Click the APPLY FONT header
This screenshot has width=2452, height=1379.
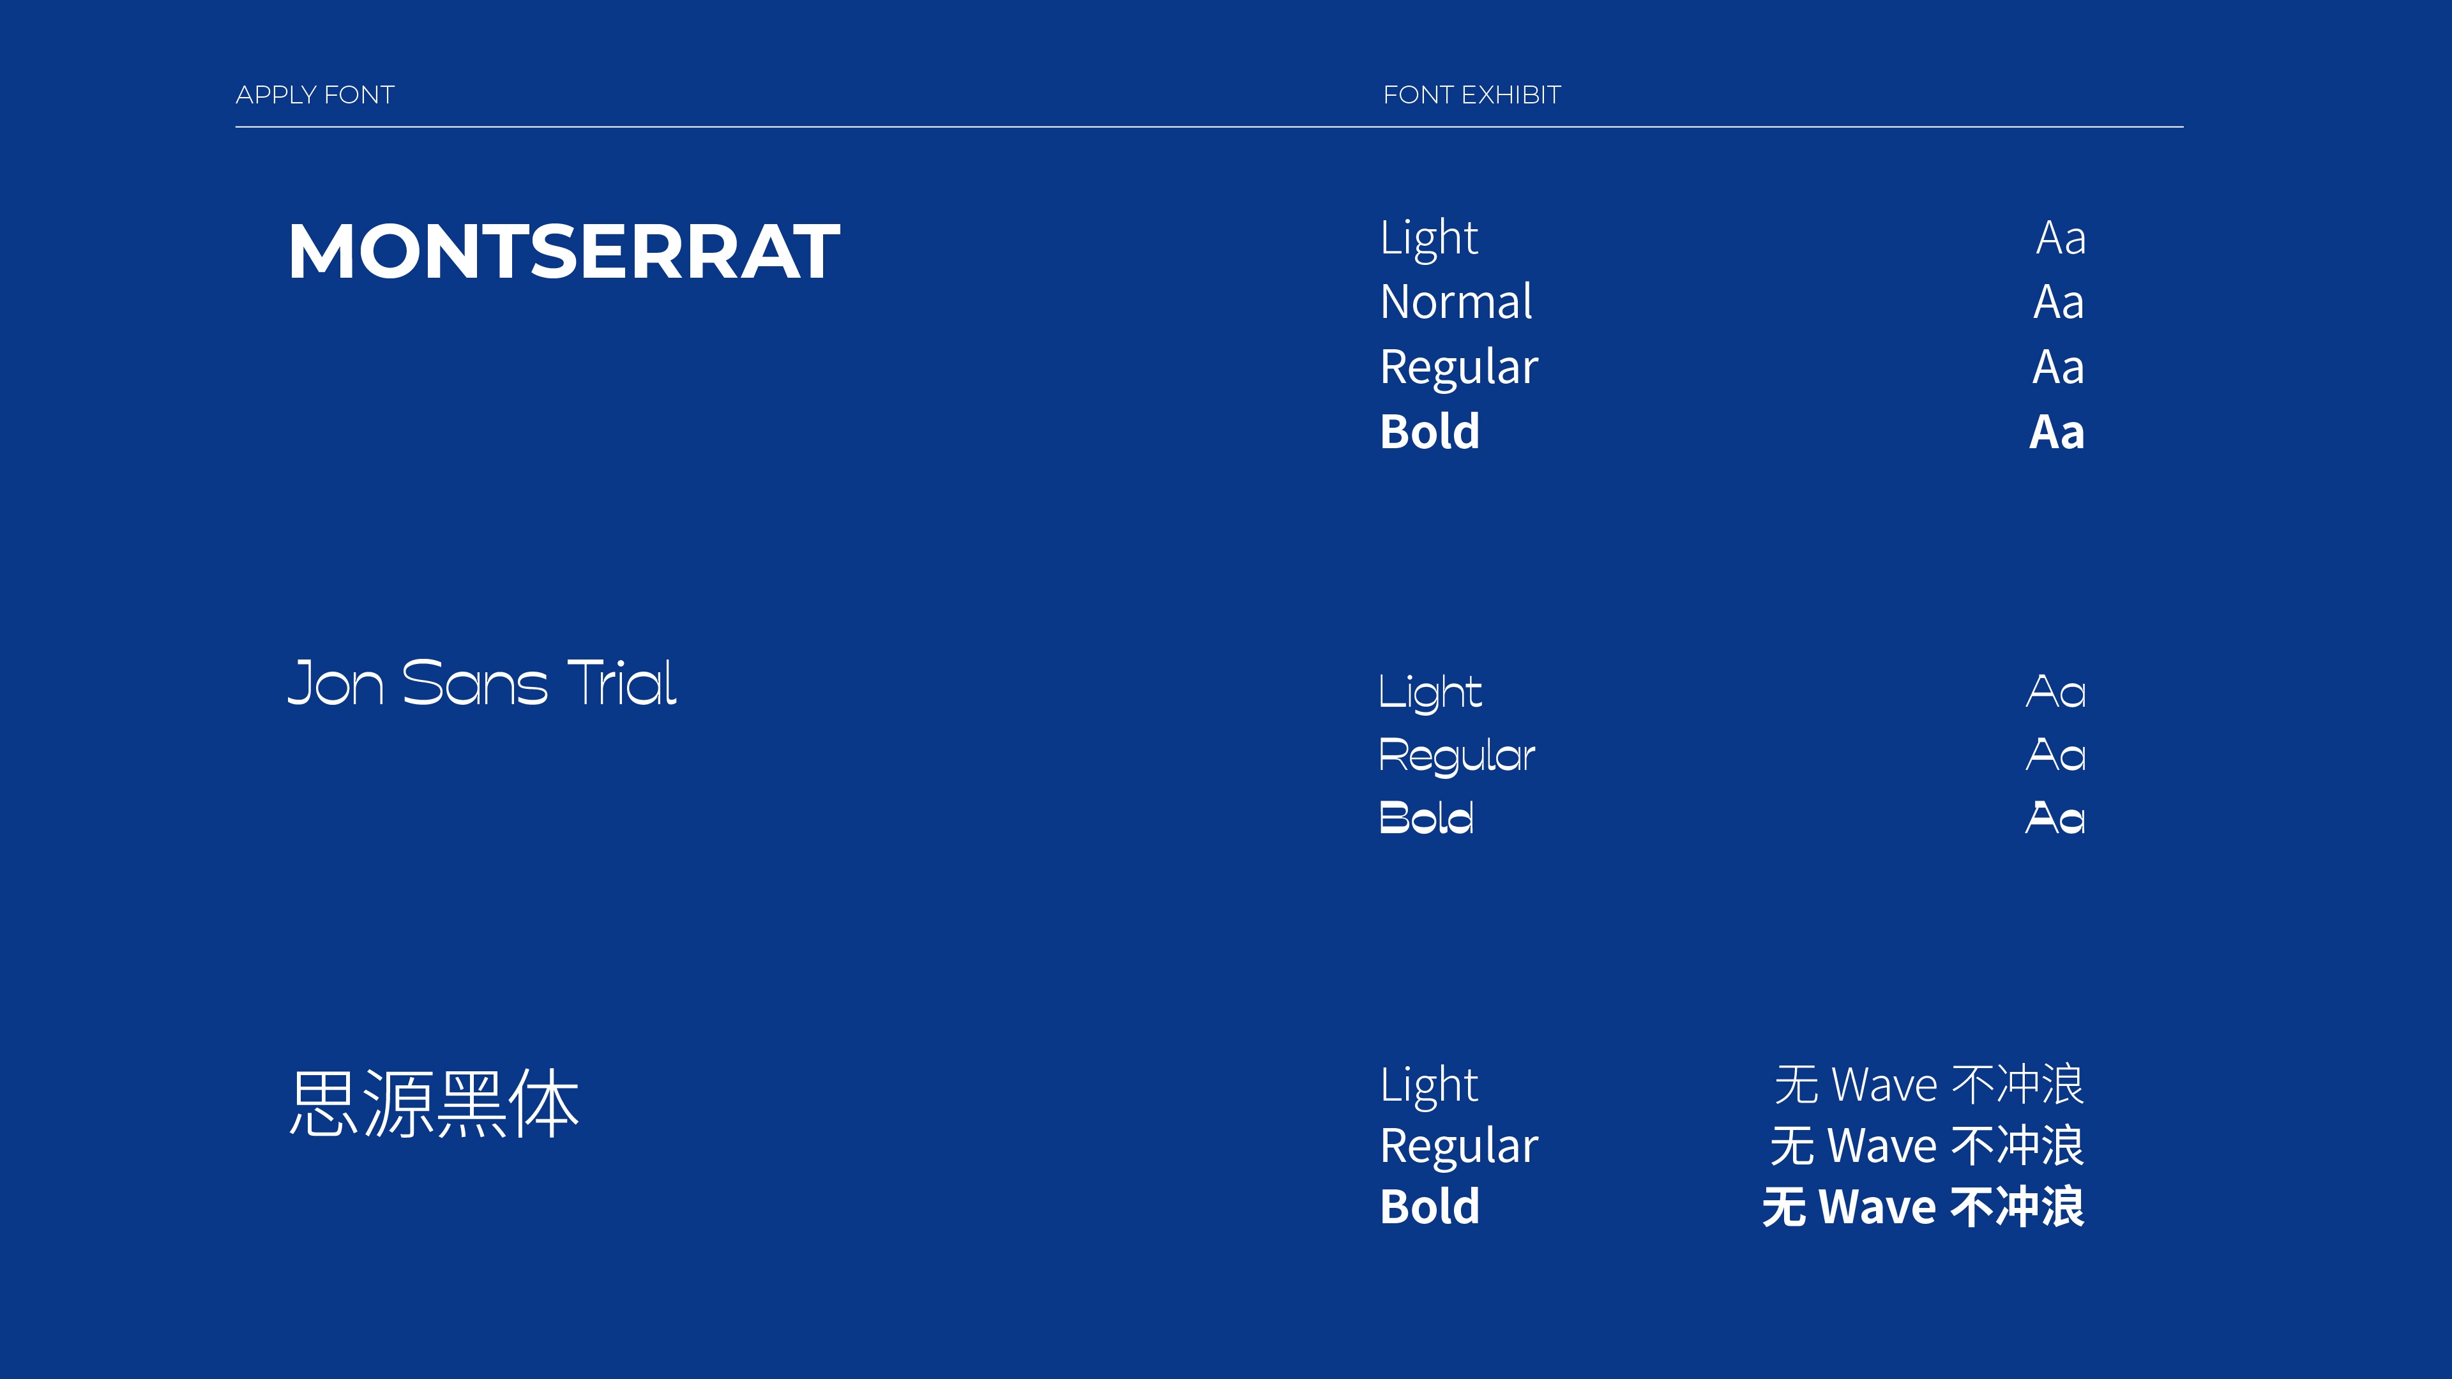[x=315, y=95]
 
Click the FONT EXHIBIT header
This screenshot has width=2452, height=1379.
[x=1472, y=95]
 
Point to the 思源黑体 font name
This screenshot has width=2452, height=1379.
[x=434, y=1103]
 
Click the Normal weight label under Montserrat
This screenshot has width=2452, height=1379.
[x=1457, y=302]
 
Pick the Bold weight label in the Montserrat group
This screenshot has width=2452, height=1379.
[x=1430, y=431]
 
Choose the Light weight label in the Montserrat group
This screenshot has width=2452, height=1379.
[x=1429, y=239]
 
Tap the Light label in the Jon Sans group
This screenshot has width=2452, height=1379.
[x=1430, y=693]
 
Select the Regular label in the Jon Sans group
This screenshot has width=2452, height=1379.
[x=1457, y=757]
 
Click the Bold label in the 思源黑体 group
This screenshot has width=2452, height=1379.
[x=1430, y=1207]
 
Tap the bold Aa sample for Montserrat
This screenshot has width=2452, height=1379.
[x=2057, y=432]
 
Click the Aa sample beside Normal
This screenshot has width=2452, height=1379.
[x=2059, y=303]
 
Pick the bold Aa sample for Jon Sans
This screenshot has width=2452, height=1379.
[x=2055, y=817]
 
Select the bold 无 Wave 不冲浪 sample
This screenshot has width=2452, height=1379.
[x=1923, y=1207]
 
